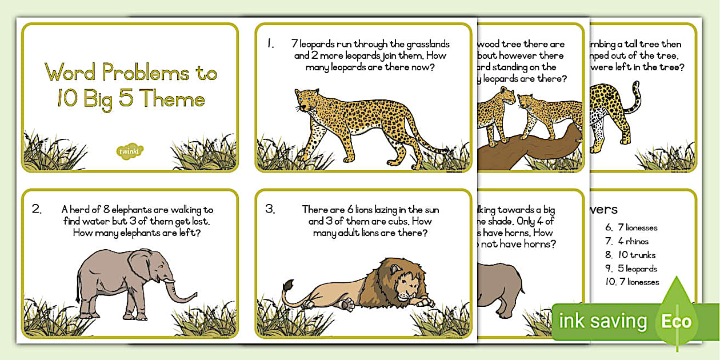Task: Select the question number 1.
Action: click(x=270, y=43)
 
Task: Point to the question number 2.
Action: click(x=37, y=209)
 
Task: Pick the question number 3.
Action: click(x=270, y=209)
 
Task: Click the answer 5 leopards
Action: click(x=637, y=269)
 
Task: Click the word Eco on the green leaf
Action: click(x=676, y=321)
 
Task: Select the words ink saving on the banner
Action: click(x=603, y=321)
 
